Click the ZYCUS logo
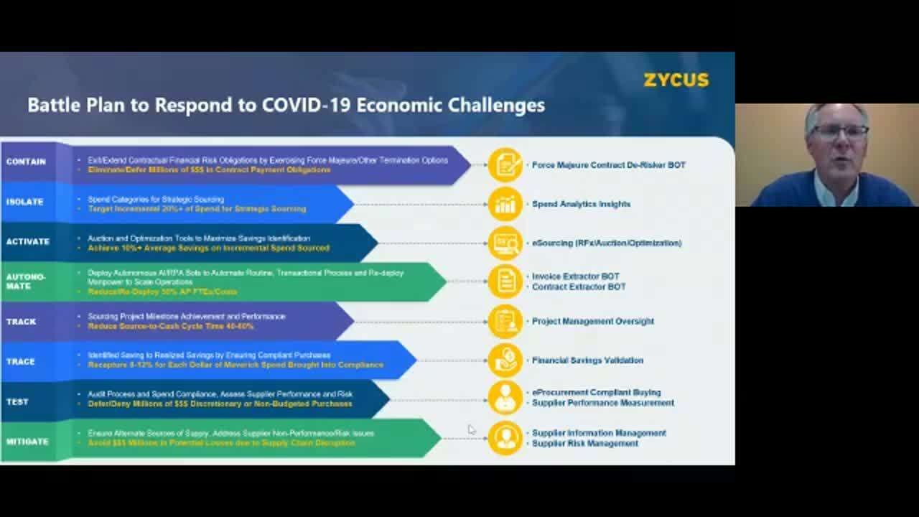tap(676, 80)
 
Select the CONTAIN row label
tap(26, 162)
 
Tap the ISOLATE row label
tap(25, 202)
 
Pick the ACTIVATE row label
tap(28, 242)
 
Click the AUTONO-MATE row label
tap(26, 281)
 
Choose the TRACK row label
tap(22, 322)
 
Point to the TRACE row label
tap(21, 362)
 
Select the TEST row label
tap(18, 402)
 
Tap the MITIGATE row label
tap(27, 442)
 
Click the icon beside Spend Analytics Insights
tap(505, 205)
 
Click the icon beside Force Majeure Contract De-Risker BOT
tap(505, 165)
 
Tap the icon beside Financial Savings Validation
tap(505, 360)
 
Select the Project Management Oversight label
tap(592, 321)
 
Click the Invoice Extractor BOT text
tap(575, 276)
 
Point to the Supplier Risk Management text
tap(584, 443)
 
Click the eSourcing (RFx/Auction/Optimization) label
tap(606, 243)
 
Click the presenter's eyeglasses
tap(840, 132)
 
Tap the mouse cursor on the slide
tap(472, 429)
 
